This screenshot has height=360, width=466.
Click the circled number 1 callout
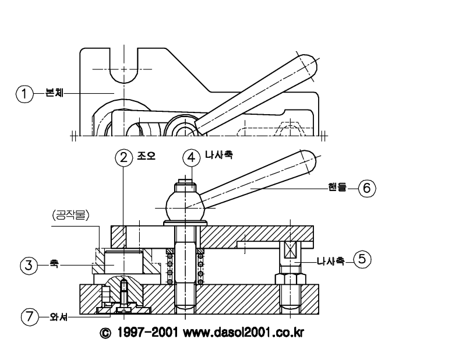pyautogui.click(x=24, y=94)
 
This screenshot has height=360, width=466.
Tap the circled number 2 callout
pyautogui.click(x=123, y=157)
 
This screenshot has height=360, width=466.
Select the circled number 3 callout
pyautogui.click(x=29, y=265)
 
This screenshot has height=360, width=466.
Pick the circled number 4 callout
pyautogui.click(x=192, y=157)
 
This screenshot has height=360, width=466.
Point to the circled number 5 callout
pyautogui.click(x=362, y=259)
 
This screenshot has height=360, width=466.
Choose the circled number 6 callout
pyautogui.click(x=367, y=188)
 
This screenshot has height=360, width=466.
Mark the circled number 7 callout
pyautogui.click(x=30, y=316)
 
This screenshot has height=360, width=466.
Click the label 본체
pyautogui.click(x=54, y=93)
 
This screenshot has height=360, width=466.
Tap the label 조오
pyautogui.click(x=146, y=156)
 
